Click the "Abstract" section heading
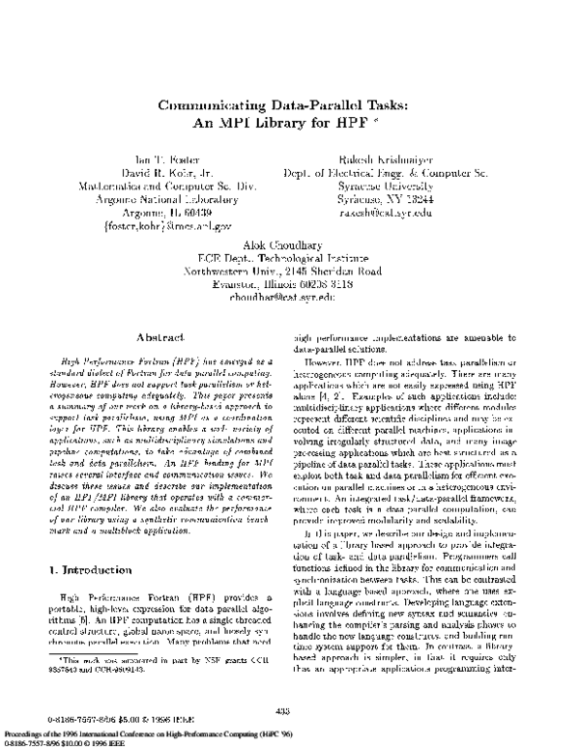pos(155,339)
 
